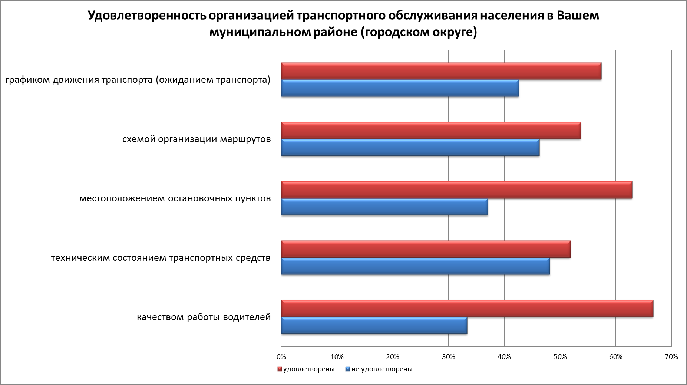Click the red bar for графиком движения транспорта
point(441,71)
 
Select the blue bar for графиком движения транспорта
point(400,88)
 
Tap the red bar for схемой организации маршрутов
point(431,131)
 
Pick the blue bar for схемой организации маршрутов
point(410,148)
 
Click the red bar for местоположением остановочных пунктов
point(457,190)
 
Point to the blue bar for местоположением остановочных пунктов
point(384,207)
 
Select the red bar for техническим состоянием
point(426,249)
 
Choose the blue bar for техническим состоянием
point(415,266)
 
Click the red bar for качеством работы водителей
point(467,309)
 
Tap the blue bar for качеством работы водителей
point(374,326)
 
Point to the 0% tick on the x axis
point(281,357)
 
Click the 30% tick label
point(448,357)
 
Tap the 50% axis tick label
point(560,357)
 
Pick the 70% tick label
point(671,357)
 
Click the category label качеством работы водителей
point(204,317)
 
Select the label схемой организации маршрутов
point(196,139)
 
